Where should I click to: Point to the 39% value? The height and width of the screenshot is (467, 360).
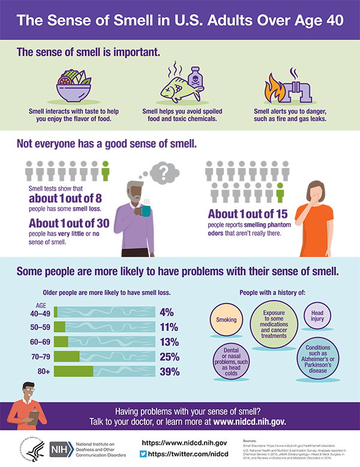[x=169, y=372]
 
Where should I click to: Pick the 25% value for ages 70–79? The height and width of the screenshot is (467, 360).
[x=169, y=357]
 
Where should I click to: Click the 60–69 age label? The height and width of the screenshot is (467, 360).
[x=41, y=342]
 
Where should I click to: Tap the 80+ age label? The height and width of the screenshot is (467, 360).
[x=44, y=372]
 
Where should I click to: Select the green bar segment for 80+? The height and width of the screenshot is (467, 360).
[x=73, y=372]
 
